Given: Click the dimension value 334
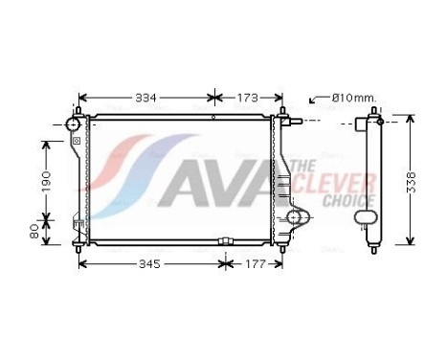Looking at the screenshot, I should (x=146, y=98).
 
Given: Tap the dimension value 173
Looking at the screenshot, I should (x=248, y=98).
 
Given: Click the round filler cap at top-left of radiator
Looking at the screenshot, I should (x=74, y=125).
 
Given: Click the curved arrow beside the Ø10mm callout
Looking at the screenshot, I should (x=315, y=100).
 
